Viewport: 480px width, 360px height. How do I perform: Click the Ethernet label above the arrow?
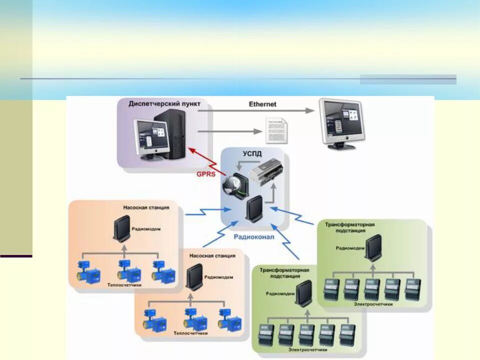(262, 104)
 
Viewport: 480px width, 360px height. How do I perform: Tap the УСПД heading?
(251, 154)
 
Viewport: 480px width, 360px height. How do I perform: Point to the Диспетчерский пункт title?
(164, 104)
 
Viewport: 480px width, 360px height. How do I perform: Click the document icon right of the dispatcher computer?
(276, 130)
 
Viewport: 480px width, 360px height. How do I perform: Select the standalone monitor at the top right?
(342, 122)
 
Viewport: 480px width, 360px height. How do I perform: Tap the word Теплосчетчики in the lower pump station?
(191, 332)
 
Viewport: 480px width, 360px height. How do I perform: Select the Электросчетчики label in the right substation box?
(373, 303)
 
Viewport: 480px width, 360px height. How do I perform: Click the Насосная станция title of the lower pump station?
(212, 255)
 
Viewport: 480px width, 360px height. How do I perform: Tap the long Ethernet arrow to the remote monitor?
(257, 111)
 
